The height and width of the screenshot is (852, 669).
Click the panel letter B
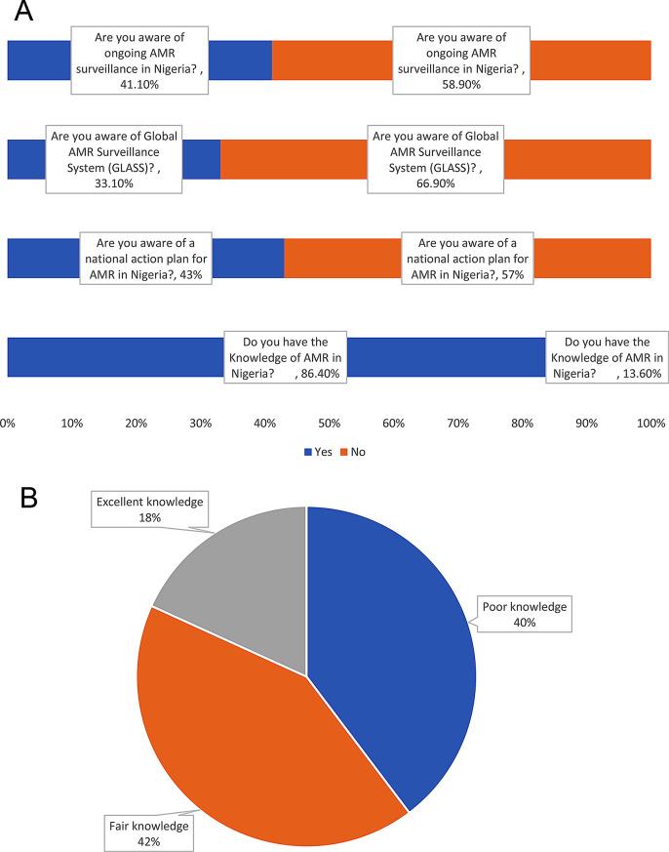tap(29, 498)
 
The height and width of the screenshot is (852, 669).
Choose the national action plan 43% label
tap(146, 259)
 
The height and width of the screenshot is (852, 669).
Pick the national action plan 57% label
tap(466, 259)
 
